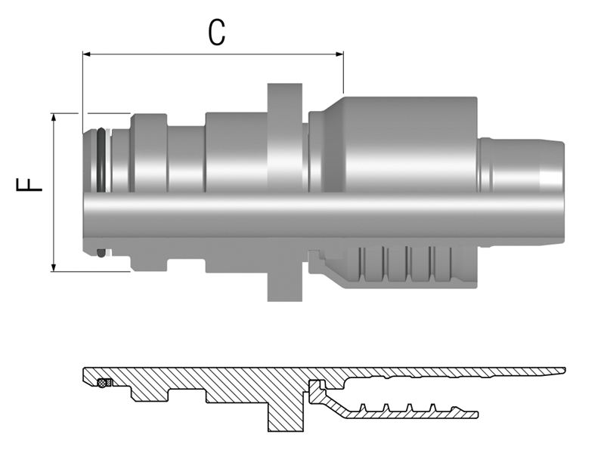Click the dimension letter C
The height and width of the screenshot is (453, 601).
(x=216, y=33)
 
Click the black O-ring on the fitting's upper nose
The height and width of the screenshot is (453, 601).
(x=101, y=159)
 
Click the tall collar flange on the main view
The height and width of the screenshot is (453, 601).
(x=285, y=136)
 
